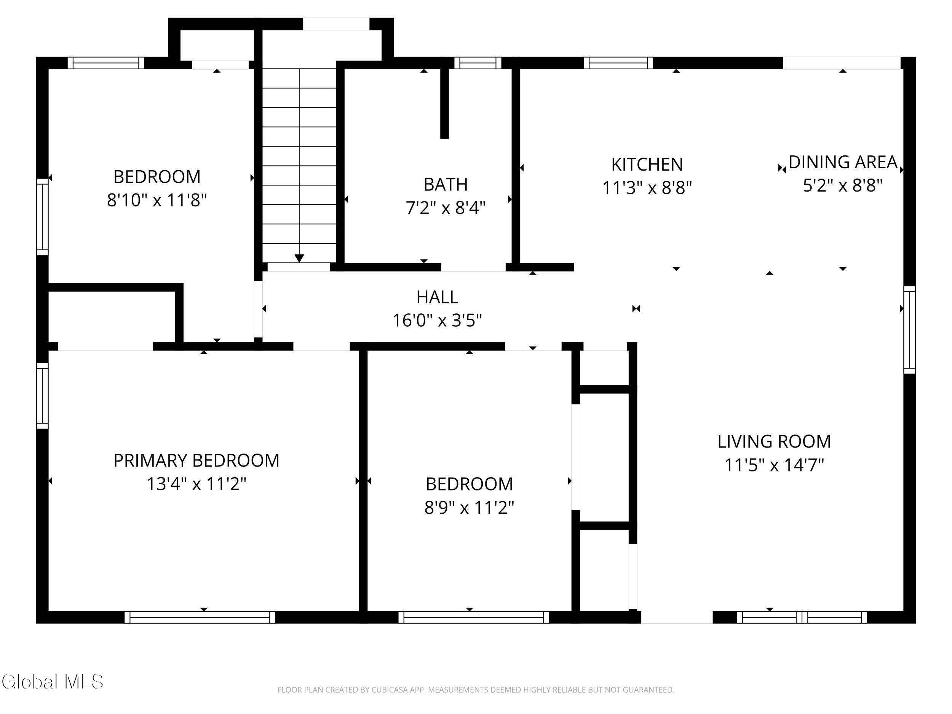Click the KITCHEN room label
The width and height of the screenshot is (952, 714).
tap(647, 165)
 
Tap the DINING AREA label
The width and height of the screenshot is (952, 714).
tap(843, 162)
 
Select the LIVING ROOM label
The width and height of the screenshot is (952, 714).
tap(774, 442)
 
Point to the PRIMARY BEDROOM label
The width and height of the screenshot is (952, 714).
tap(196, 460)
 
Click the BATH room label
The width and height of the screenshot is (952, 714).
tap(446, 185)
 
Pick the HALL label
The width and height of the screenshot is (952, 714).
tap(437, 297)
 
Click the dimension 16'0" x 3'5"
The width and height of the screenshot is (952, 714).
tap(437, 320)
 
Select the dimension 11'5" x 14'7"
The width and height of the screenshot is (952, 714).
tap(774, 465)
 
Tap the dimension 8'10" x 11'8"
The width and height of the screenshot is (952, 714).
tap(157, 200)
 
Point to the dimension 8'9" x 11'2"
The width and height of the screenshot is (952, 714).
tap(470, 508)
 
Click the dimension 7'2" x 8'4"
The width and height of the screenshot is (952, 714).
tap(446, 208)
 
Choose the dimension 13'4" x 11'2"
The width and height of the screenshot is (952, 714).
tap(196, 484)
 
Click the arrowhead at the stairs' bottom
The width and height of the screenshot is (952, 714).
tap(299, 258)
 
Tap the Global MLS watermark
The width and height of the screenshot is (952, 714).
tap(53, 681)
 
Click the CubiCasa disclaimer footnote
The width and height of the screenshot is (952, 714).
tap(476, 690)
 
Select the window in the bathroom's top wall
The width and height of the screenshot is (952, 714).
tap(478, 63)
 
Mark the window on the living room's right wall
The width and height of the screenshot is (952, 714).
tap(909, 330)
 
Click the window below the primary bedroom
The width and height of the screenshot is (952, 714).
tap(200, 617)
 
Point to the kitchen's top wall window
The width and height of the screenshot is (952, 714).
tap(618, 63)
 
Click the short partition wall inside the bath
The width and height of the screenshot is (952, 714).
tap(444, 103)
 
